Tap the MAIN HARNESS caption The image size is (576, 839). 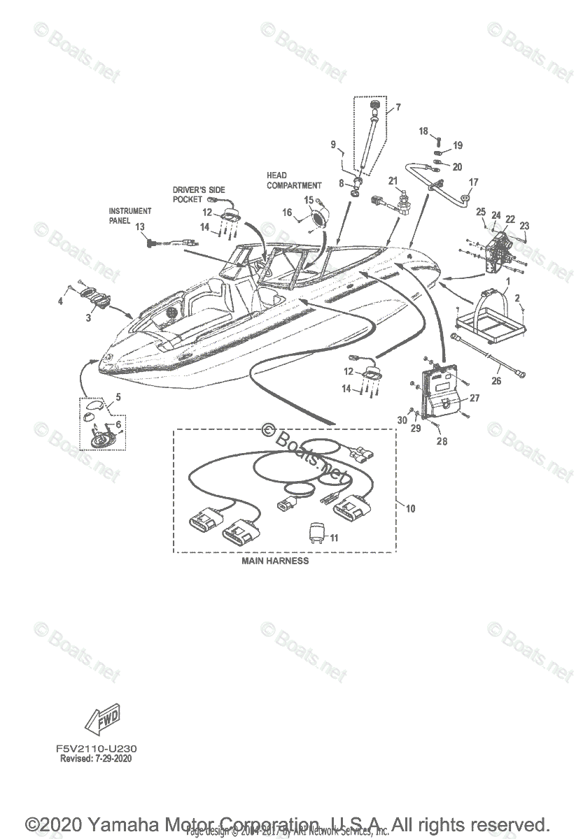tap(275, 561)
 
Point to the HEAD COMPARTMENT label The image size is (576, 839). tap(294, 180)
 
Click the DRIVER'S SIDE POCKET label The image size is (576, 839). tap(197, 194)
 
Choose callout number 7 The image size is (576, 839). tap(398, 107)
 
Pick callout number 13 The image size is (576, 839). tap(139, 227)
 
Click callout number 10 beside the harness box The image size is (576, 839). tap(410, 508)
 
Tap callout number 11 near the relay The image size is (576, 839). tap(334, 538)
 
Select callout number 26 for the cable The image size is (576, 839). tap(496, 381)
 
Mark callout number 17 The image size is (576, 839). tap(473, 182)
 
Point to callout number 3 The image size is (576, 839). tap(88, 318)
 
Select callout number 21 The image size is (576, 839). tap(393, 182)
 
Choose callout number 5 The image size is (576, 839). tap(118, 396)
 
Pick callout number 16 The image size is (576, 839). tap(287, 211)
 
